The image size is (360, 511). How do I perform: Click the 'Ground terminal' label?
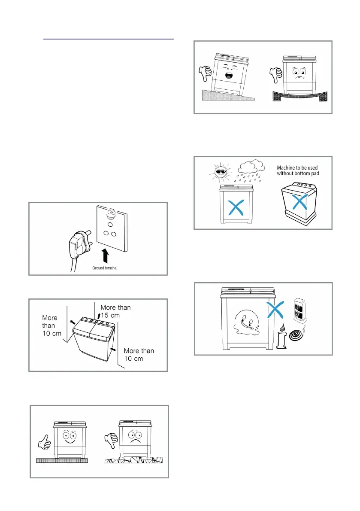106,268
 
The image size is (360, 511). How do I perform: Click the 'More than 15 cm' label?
115,311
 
